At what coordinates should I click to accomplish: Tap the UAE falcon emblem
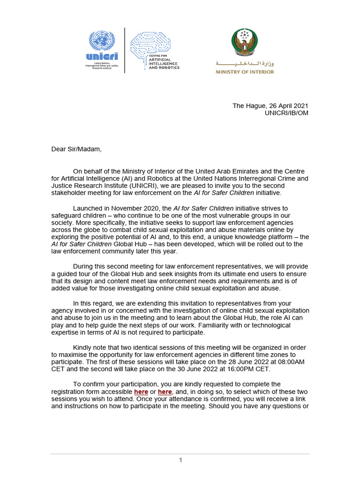point(244,43)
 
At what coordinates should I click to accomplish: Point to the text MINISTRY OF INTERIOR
point(244,72)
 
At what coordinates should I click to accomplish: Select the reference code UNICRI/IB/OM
point(286,113)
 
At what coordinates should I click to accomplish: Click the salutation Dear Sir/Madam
point(76,150)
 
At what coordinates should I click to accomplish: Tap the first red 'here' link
point(141,391)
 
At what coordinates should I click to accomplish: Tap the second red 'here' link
point(165,391)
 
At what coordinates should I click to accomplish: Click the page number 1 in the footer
point(180,460)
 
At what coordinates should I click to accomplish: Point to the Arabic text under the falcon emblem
point(244,63)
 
